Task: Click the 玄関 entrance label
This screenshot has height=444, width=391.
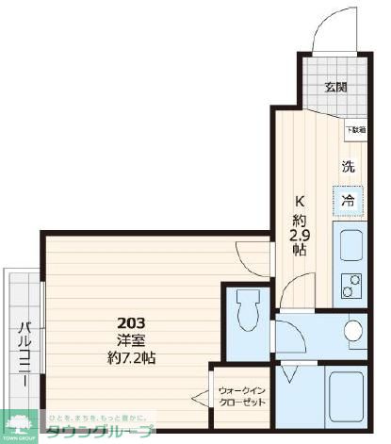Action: pos(335,88)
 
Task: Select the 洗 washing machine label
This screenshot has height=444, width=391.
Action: pos(348,167)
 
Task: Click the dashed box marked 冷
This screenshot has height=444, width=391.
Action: pos(348,200)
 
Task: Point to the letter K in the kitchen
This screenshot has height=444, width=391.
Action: pos(300,200)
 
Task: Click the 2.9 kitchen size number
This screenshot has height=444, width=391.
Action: pos(298,235)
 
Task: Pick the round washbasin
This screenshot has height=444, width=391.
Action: pos(354,330)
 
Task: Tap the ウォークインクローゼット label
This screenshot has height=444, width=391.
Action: pos(241,395)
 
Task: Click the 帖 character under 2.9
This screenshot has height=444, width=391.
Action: pos(298,252)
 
